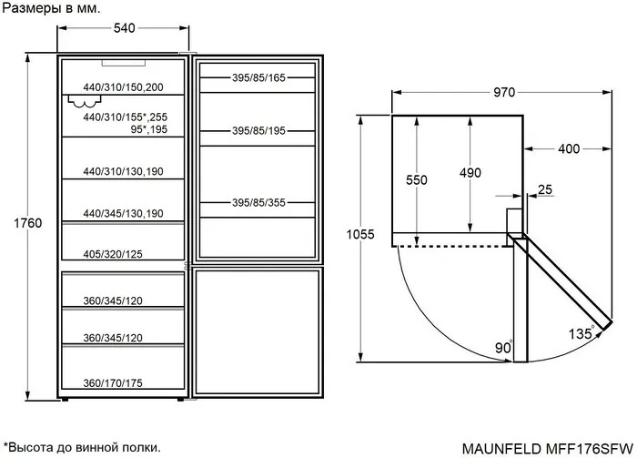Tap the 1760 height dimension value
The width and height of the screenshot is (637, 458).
28,222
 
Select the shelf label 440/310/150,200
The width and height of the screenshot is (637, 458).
123,87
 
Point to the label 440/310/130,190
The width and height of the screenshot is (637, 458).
123,172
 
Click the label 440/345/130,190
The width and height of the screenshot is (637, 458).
123,213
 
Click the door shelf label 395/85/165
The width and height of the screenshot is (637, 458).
258,78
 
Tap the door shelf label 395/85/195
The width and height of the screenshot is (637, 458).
258,131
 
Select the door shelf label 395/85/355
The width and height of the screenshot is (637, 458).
258,203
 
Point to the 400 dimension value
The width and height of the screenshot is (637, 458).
570,148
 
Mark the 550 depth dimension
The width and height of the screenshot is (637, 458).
416,180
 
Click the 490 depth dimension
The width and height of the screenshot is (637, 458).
470,173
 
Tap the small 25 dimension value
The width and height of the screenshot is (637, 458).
544,189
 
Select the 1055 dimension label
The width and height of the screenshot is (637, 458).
360,235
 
